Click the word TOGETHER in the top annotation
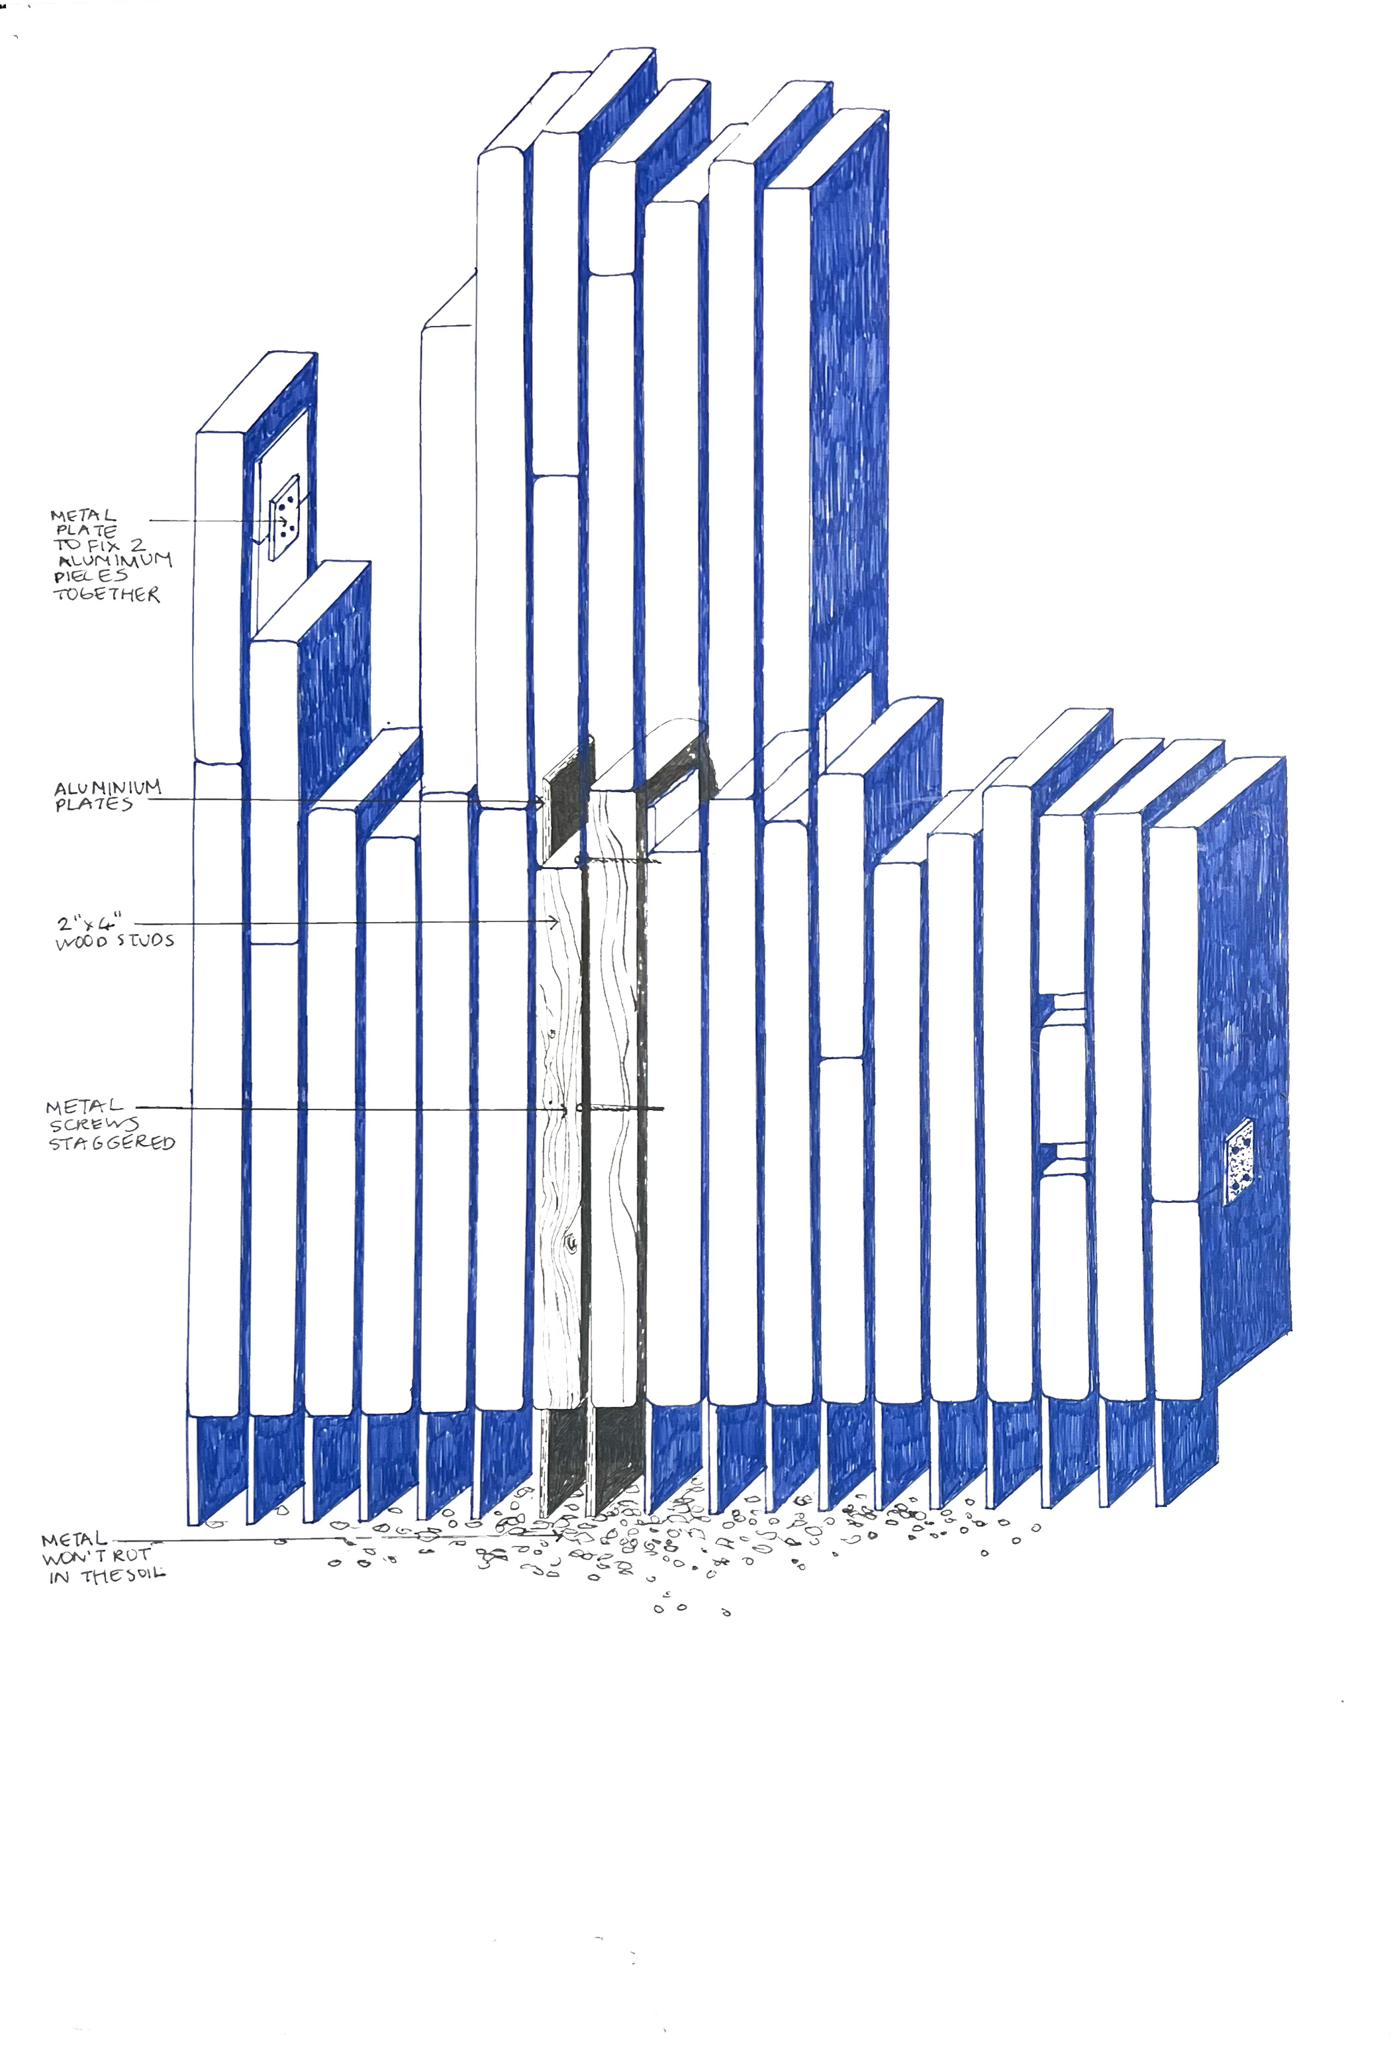[x=107, y=594]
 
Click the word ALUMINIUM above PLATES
[x=107, y=788]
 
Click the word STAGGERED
[x=111, y=1143]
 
